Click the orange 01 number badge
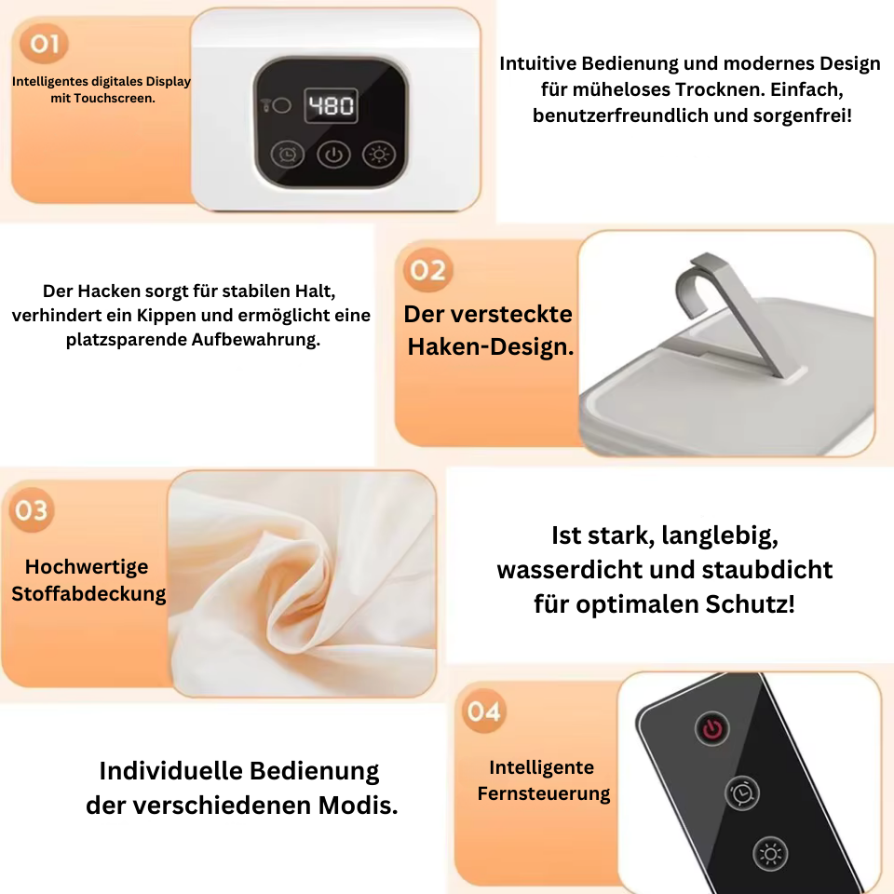[44, 44]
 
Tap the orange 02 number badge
[427, 270]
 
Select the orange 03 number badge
[32, 510]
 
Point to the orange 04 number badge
[483, 711]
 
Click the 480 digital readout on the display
[331, 105]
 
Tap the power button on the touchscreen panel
[333, 156]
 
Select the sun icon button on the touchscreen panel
[379, 155]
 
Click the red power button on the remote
[712, 728]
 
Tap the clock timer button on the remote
[742, 792]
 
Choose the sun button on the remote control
[770, 854]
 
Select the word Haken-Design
[491, 346]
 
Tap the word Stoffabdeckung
[88, 593]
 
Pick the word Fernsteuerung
[543, 793]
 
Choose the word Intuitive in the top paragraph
[537, 63]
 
